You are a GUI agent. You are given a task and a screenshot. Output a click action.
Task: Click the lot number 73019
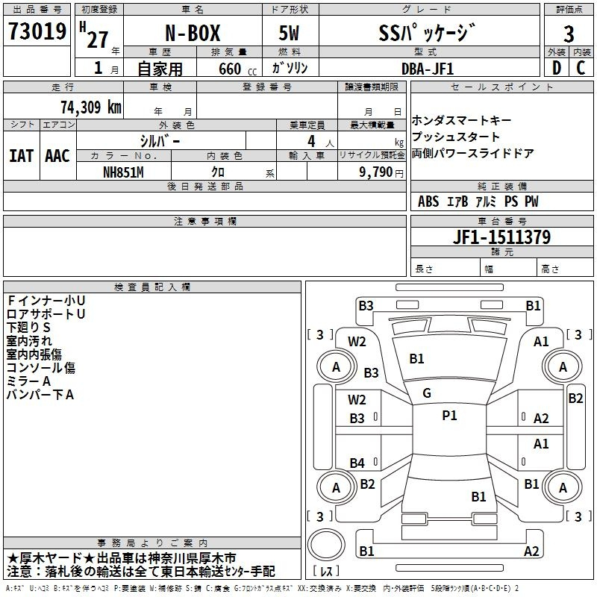point(37,31)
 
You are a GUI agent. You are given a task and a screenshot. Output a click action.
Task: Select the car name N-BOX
point(193,33)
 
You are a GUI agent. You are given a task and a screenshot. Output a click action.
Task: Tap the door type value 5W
point(289,33)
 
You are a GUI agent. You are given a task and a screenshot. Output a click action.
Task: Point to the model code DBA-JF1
point(428,69)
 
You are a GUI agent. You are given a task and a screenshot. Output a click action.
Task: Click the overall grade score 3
point(569,34)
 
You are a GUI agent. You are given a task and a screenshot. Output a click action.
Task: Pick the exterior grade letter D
point(557,68)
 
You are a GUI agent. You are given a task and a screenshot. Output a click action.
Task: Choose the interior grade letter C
point(581,68)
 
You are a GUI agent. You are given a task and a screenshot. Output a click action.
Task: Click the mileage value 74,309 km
point(91,107)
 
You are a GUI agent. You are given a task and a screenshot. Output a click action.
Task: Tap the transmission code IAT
point(22,156)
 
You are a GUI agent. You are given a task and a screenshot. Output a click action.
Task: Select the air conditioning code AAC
point(57,156)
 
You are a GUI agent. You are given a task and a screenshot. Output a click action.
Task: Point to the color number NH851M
point(123,172)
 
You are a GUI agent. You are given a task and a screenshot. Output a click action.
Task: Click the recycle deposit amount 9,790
point(376,172)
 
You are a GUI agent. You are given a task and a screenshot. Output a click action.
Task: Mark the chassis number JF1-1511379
point(501,237)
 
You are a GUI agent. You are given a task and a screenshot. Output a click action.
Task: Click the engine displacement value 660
point(230,69)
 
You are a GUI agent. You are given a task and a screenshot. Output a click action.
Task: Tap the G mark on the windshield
point(427,393)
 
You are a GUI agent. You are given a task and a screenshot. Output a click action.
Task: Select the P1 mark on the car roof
point(449,416)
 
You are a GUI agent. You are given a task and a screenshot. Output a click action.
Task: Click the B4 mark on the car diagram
point(357,463)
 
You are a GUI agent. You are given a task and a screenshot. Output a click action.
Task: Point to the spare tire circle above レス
point(326,544)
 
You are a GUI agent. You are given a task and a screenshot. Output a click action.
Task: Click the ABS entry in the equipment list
point(428,201)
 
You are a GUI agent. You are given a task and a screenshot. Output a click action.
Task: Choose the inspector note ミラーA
point(28,381)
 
